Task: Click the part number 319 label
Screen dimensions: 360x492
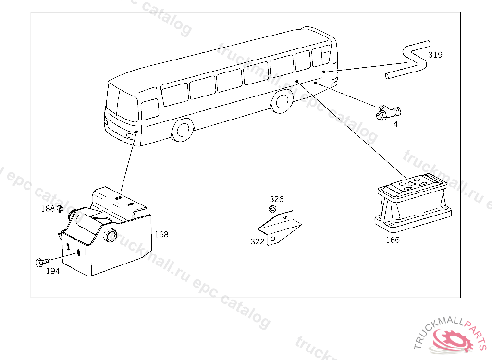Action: [x=435, y=55]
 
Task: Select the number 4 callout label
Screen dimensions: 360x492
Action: [x=395, y=124]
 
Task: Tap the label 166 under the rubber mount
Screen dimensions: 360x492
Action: [x=393, y=240]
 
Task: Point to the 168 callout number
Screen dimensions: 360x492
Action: [x=161, y=235]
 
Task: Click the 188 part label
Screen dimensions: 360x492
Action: [x=48, y=209]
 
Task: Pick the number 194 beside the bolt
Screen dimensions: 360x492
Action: [x=53, y=271]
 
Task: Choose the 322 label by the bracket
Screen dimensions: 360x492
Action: [x=258, y=241]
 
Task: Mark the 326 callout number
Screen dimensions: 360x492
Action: [x=276, y=199]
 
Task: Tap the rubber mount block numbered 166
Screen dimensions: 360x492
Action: [x=413, y=202]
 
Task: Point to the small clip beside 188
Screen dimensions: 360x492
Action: [x=61, y=209]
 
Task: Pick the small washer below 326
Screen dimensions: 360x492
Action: [x=272, y=208]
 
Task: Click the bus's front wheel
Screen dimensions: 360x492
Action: [x=183, y=130]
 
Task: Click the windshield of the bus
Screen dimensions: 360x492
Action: [x=123, y=103]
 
